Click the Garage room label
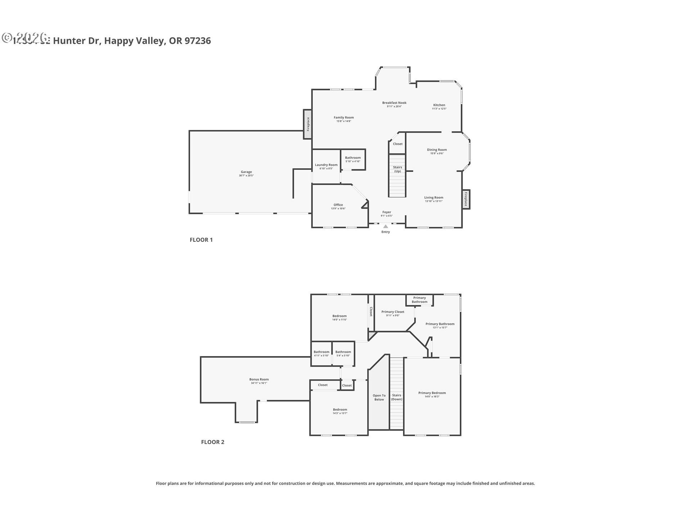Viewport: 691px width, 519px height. pyautogui.click(x=246, y=172)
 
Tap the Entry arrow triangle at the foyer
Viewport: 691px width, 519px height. pyautogui.click(x=385, y=226)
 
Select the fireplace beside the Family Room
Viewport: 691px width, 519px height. pyautogui.click(x=307, y=124)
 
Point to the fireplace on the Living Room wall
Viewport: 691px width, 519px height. pyautogui.click(x=466, y=199)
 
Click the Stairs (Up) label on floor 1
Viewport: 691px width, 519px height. pyautogui.click(x=397, y=169)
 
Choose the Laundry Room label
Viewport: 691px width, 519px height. pyautogui.click(x=326, y=165)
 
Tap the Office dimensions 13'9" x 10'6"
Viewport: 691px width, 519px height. pyautogui.click(x=338, y=209)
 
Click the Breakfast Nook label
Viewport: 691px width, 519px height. pyautogui.click(x=394, y=103)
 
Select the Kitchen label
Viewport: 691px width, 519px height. pyautogui.click(x=439, y=105)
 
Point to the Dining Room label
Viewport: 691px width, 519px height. pyautogui.click(x=437, y=150)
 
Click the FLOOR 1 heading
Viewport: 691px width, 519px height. pyautogui.click(x=201, y=240)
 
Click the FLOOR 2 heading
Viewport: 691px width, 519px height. pyautogui.click(x=212, y=442)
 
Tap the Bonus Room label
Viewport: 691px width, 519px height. pyautogui.click(x=259, y=379)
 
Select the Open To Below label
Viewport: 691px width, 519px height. pyautogui.click(x=379, y=397)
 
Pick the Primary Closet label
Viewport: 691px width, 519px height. pyautogui.click(x=393, y=312)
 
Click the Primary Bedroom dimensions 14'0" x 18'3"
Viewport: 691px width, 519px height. pyautogui.click(x=432, y=396)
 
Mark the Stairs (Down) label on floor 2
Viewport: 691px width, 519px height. pyautogui.click(x=397, y=397)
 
